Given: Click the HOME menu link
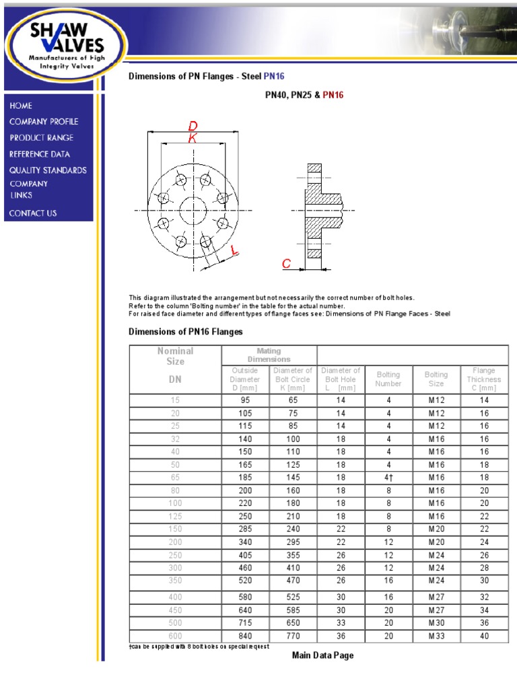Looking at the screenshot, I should tap(21, 106).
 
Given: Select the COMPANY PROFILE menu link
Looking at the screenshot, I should tap(44, 122).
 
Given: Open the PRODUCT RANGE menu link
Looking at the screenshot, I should tap(42, 138).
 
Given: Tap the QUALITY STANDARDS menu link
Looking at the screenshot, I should tap(48, 170).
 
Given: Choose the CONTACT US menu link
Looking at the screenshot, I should tap(33, 213).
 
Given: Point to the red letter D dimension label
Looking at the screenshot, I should tap(193, 126).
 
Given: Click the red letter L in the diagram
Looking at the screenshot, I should tap(234, 251).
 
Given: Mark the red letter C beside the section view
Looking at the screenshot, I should tap(286, 264).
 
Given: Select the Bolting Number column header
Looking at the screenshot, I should tap(388, 379).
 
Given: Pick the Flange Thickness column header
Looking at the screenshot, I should tap(483, 379).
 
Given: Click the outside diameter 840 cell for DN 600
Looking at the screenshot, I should tap(245, 636).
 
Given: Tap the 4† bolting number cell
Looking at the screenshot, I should tap(388, 478).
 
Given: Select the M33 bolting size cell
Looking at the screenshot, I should tap(436, 636).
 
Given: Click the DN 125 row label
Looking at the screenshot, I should tap(175, 517).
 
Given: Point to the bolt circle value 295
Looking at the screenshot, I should tap(291, 542).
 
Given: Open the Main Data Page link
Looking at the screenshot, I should tap(322, 655).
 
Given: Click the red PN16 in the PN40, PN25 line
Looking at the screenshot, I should tap(333, 96).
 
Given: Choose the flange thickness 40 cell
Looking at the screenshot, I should tap(483, 636).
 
